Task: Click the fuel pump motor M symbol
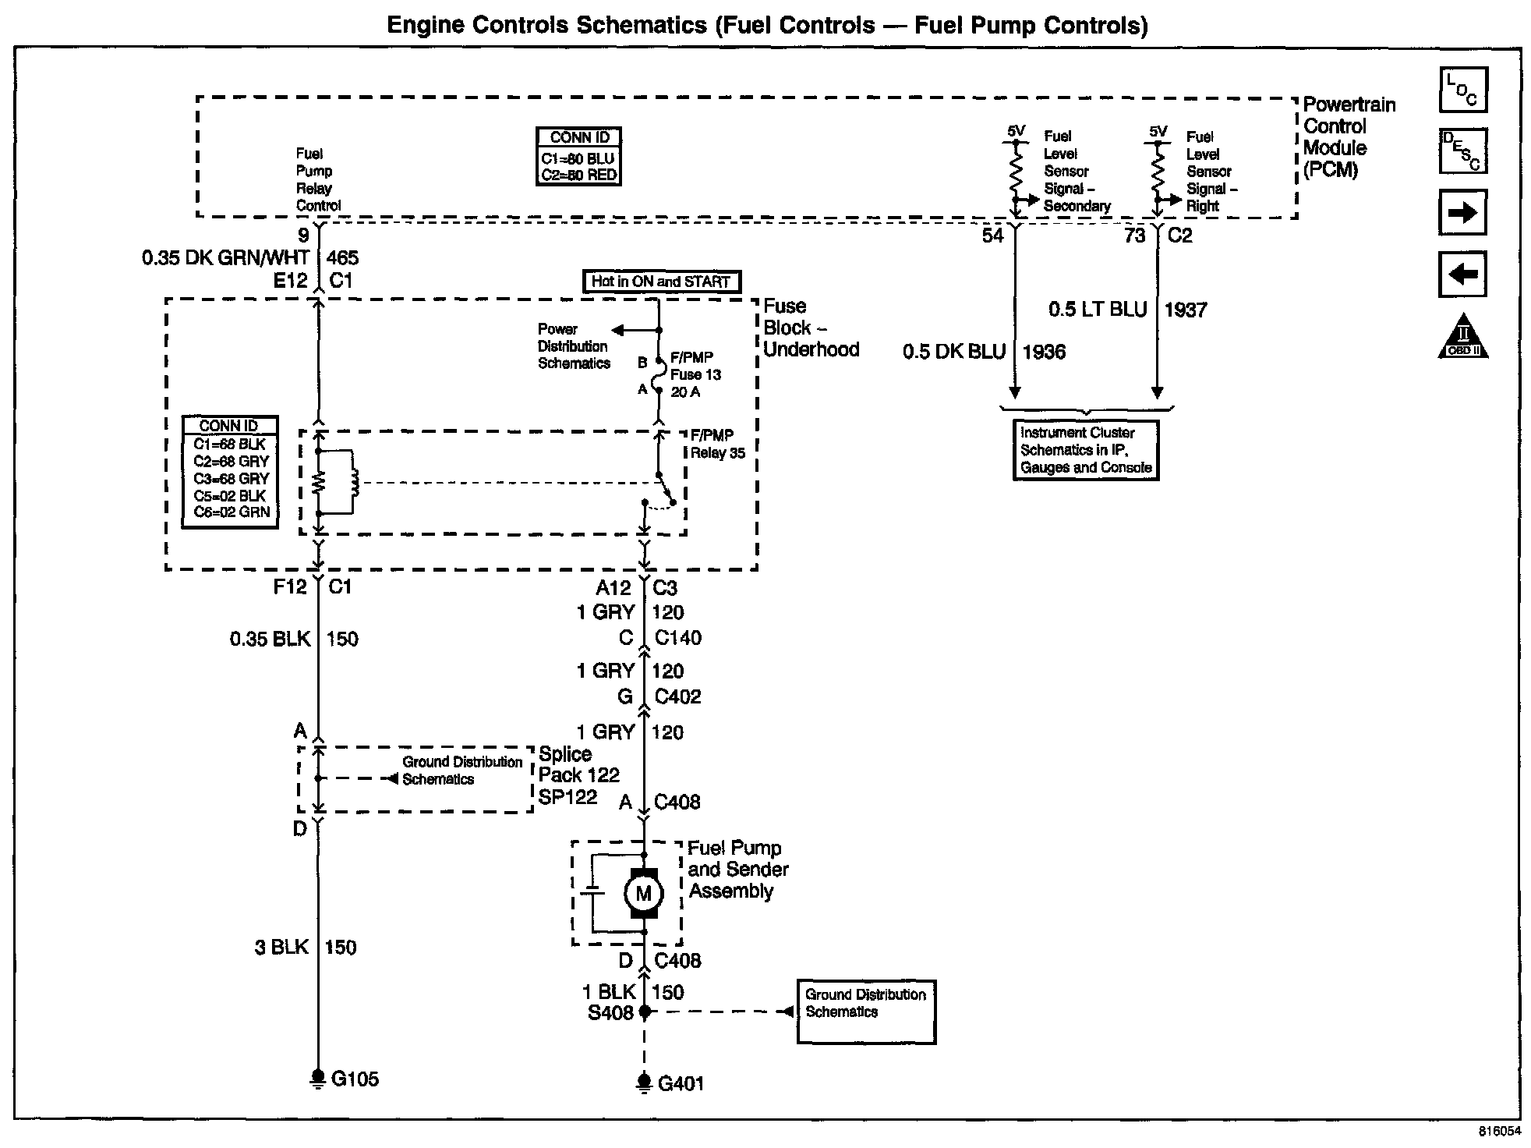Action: point(644,894)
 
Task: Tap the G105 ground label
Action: point(355,1079)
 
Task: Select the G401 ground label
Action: point(681,1084)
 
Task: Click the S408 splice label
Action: point(610,1013)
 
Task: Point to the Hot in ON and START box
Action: point(661,282)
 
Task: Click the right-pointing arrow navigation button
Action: point(1462,212)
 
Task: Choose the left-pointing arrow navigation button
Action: point(1462,275)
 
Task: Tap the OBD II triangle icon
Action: point(1463,338)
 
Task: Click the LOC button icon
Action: point(1463,90)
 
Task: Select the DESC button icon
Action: point(1463,151)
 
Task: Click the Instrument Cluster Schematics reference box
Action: point(1086,450)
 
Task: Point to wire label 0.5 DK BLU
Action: point(953,353)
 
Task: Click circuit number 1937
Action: point(1185,310)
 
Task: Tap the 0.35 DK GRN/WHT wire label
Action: point(225,258)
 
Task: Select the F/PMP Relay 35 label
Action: point(717,444)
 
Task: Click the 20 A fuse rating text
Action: point(685,392)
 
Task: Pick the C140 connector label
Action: point(677,638)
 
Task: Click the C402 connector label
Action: point(677,696)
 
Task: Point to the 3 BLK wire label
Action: point(281,948)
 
